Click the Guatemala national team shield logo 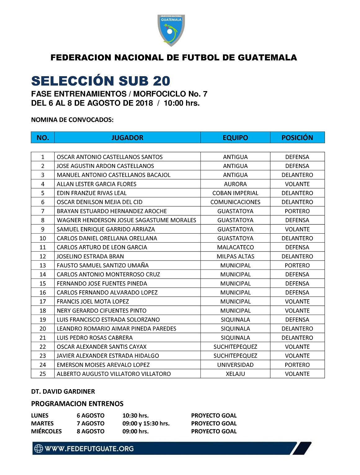point(171,30)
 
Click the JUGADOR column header point(127,138)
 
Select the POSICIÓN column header point(297,138)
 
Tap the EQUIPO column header point(235,138)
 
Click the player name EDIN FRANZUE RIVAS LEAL point(91,193)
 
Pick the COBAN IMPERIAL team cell point(235,193)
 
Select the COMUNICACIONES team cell point(235,202)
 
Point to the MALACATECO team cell point(235,247)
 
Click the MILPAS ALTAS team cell point(235,256)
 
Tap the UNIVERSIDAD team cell point(235,365)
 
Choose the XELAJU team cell point(235,374)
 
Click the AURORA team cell point(235,184)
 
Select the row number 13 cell point(43,265)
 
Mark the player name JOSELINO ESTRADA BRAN point(90,256)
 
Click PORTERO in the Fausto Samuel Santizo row point(297,265)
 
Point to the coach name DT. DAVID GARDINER point(63,391)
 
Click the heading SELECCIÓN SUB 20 point(101,81)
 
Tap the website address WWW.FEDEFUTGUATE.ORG point(89,448)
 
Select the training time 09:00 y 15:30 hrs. point(146,423)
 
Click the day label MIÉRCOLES point(46,431)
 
